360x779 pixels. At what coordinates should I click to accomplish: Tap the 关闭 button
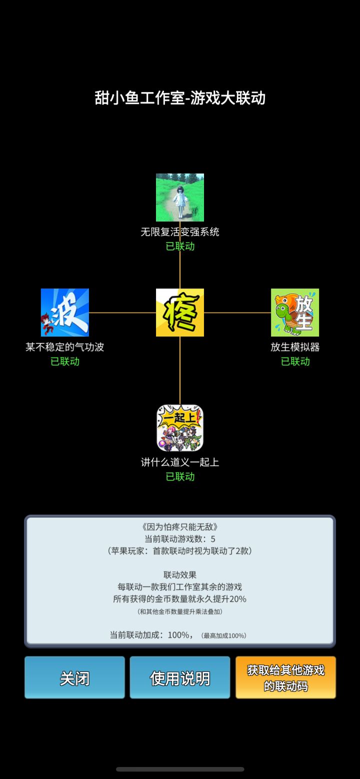pos(74,677)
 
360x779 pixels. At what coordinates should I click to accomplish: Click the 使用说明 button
pos(180,677)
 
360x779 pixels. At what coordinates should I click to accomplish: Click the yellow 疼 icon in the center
pos(180,312)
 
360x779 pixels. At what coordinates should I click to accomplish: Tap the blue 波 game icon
pos(64,312)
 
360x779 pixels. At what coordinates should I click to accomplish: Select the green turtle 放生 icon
pos(295,312)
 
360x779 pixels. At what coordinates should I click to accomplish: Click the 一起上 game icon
pos(180,428)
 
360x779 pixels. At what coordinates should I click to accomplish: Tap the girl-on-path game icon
pos(180,197)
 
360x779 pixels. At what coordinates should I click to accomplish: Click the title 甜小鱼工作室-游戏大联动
pos(180,97)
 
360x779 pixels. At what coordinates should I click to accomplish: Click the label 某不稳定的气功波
pos(64,346)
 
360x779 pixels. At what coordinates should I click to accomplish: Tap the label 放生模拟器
pos(295,346)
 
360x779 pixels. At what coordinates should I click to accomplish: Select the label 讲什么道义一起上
pos(180,462)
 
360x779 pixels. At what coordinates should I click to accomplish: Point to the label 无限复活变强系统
pos(180,231)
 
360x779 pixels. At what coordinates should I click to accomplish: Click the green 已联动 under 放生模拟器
pos(295,361)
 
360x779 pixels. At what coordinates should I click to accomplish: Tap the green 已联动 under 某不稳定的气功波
pos(65,361)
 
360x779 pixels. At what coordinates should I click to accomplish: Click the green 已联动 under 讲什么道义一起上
pos(180,476)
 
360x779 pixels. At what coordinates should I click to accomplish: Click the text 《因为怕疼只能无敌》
pos(180,527)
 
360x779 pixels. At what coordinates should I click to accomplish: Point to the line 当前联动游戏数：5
pos(180,538)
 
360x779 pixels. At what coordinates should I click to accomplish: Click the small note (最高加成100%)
pos(223,635)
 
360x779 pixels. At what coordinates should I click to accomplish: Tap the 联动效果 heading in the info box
pos(180,575)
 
